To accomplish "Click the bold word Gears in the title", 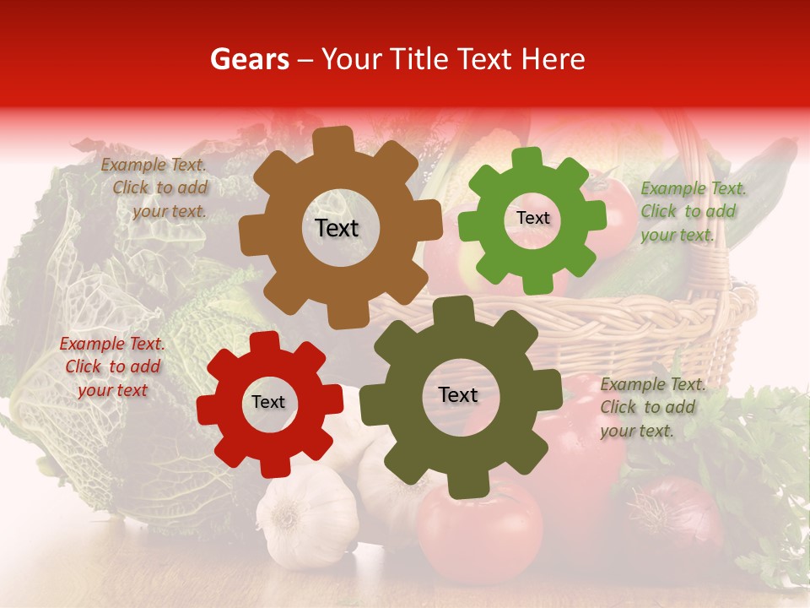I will (249, 59).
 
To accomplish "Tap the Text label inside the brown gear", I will (337, 228).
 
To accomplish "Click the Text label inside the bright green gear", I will (532, 218).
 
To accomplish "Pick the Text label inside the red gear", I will (268, 403).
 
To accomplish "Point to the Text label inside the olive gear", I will (458, 395).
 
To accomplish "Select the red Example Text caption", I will (112, 367).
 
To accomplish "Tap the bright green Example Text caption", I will (691, 211).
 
